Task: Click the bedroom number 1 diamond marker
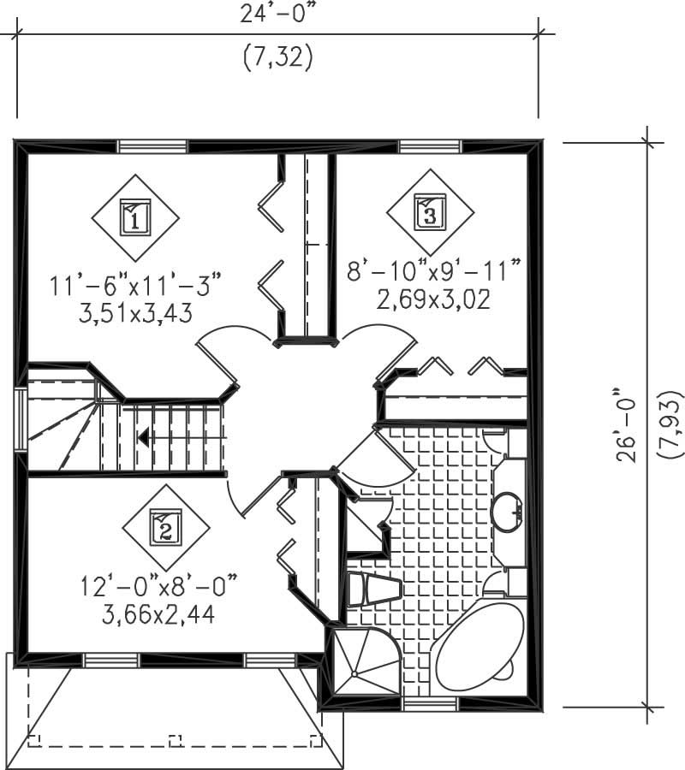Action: [x=134, y=217]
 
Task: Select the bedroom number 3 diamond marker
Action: [x=430, y=210]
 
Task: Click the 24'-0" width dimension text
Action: [x=278, y=15]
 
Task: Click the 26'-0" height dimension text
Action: [x=629, y=425]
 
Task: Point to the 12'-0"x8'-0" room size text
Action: [x=158, y=586]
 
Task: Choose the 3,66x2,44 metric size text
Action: [x=147, y=614]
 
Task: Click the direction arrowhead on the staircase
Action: [x=143, y=438]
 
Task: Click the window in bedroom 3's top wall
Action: [x=429, y=146]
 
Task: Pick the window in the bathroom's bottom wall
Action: [x=430, y=705]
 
